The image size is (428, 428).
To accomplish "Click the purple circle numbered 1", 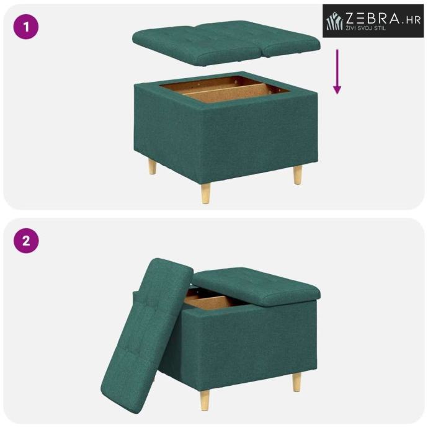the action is click(26, 27).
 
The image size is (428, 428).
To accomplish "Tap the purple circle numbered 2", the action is click(26, 241).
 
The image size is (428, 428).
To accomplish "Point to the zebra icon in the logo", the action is click(334, 21).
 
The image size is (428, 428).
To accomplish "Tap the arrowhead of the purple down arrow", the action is click(337, 89).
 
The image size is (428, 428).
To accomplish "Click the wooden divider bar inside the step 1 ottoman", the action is click(226, 89).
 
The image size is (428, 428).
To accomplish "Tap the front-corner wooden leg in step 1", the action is click(205, 194).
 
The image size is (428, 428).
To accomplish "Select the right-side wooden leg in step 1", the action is click(298, 175).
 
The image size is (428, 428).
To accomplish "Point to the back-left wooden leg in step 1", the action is click(153, 167).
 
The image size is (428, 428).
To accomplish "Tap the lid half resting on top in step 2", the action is click(257, 286).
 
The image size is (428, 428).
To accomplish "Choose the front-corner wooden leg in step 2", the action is click(205, 400).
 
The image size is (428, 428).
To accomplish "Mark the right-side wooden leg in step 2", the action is click(297, 383).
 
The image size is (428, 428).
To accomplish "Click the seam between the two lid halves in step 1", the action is click(262, 50).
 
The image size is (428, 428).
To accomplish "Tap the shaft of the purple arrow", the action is click(337, 67).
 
